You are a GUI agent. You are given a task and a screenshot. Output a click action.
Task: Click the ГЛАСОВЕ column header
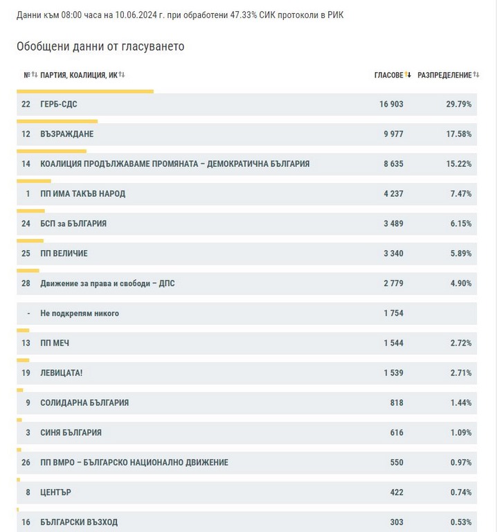(388, 75)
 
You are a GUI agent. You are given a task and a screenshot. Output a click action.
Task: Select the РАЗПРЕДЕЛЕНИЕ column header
(444, 75)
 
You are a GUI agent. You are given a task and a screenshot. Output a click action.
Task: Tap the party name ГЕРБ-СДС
(59, 105)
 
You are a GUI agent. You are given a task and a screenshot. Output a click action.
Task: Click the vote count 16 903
(391, 105)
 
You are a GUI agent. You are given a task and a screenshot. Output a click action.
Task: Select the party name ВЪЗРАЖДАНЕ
(67, 134)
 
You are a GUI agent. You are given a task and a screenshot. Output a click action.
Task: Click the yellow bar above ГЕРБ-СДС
(84, 91)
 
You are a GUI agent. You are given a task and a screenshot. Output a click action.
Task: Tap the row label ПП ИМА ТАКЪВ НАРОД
(83, 194)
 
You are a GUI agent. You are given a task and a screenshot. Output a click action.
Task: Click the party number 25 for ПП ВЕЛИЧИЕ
(26, 254)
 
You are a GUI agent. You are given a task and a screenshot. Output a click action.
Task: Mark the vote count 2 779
(392, 283)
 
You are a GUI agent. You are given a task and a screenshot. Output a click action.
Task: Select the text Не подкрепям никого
(80, 313)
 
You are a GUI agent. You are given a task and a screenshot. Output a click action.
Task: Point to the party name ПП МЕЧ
(55, 343)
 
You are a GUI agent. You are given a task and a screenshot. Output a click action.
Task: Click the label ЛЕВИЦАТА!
(62, 373)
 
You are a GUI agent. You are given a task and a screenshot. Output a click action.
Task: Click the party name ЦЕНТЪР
(56, 492)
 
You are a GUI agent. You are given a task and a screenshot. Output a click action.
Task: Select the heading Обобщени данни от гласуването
(100, 46)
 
